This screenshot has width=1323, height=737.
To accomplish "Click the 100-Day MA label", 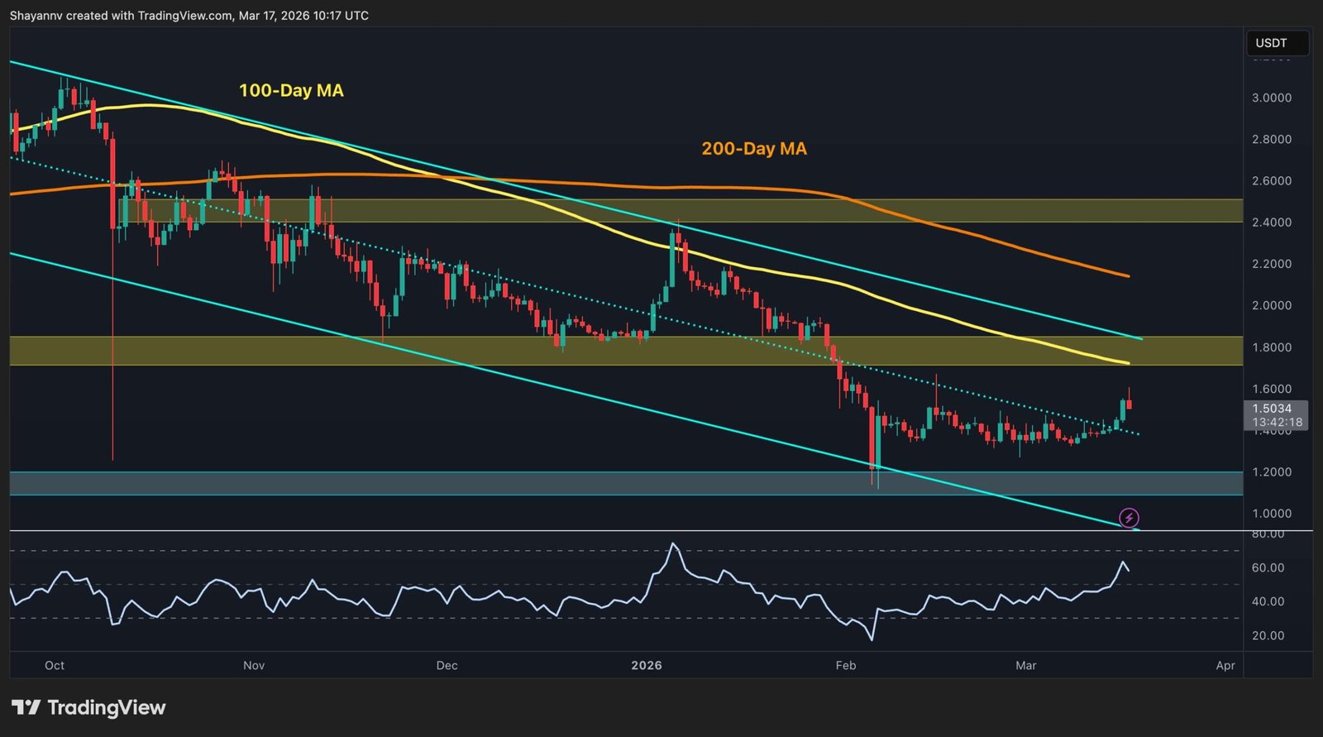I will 291,91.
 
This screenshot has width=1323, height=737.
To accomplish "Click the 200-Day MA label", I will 754,149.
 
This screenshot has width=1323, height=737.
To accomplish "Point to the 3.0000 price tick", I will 1271,98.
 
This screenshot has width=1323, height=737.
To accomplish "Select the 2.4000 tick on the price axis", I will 1271,223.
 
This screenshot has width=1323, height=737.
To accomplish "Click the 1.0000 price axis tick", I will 1271,514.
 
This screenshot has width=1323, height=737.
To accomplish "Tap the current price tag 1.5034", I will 1272,409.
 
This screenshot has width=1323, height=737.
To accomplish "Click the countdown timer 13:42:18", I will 1277,423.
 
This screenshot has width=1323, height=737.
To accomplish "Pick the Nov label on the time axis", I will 254,666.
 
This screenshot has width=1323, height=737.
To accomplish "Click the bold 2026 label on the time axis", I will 647,666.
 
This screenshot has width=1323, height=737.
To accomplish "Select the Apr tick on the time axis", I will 1225,666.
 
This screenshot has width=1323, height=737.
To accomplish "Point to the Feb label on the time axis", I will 846,666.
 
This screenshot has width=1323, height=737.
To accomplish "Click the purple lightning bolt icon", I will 1129,519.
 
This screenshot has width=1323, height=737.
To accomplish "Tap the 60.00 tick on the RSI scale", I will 1268,568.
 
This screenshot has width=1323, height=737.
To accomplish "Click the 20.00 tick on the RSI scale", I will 1268,636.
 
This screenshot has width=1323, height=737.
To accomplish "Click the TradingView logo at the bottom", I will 89,708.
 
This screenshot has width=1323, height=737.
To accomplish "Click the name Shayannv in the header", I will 36,16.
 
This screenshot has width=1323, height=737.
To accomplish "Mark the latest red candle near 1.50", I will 1130,404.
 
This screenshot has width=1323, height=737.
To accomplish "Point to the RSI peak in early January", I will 673,544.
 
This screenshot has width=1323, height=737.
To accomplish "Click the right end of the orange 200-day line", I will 1128,275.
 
